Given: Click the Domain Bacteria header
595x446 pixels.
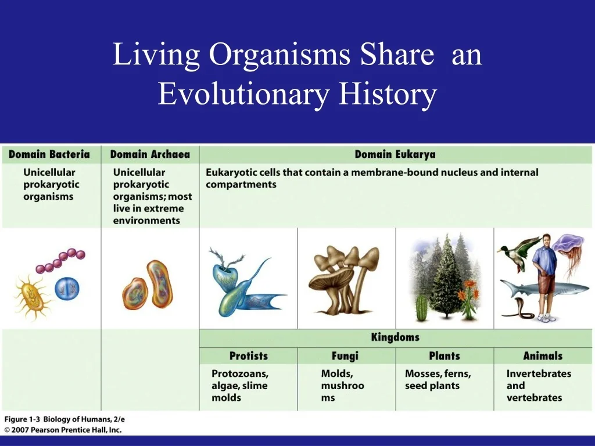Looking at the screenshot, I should tap(49, 154).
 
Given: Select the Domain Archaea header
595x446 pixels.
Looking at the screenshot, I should tap(150, 154).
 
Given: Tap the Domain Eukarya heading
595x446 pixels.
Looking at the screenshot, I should tap(395, 154).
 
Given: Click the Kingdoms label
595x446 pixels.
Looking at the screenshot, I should tap(395, 337).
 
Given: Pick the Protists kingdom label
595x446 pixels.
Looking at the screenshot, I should tap(248, 356).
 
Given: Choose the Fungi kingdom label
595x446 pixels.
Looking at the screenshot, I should tap(345, 356).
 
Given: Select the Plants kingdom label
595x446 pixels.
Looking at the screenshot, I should tap(444, 356).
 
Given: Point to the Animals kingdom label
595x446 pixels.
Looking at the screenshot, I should tap(542, 356).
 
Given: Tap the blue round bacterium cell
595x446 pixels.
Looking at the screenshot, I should tap(67, 288).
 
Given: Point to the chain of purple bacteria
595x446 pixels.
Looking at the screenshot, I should tap(60, 261).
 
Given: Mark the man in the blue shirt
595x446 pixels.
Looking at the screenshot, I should tap(544, 273).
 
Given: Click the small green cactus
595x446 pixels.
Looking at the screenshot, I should tap(422, 308).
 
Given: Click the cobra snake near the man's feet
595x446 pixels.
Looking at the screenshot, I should tap(517, 310).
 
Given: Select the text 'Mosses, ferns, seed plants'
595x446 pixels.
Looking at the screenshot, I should tap(438, 380).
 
